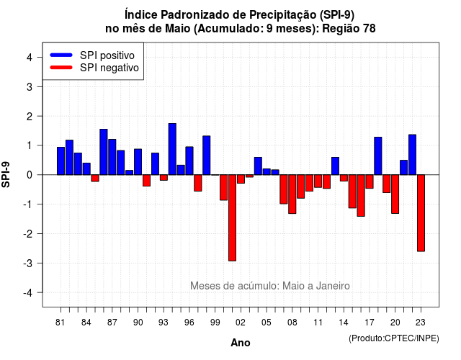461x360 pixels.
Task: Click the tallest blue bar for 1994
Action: pyautogui.click(x=172, y=149)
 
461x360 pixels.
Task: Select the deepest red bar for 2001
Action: pyautogui.click(x=232, y=217)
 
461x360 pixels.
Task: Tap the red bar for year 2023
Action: pyautogui.click(x=421, y=213)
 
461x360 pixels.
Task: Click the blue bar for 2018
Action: pyautogui.click(x=377, y=156)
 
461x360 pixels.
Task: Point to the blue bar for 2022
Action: pyautogui.click(x=412, y=155)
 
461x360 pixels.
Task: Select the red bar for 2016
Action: pyautogui.click(x=361, y=196)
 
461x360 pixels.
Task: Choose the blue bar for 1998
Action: pyautogui.click(x=207, y=156)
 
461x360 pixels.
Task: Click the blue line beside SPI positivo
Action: pyautogui.click(x=61, y=55)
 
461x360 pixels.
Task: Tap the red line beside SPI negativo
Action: pyautogui.click(x=61, y=68)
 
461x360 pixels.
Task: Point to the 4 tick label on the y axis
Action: pyautogui.click(x=30, y=58)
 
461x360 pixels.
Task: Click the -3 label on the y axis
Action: pyautogui.click(x=28, y=263)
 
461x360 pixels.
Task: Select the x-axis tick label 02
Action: pyautogui.click(x=240, y=323)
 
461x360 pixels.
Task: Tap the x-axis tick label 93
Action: pyautogui.click(x=164, y=323)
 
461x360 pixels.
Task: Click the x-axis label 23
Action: pyautogui.click(x=421, y=323)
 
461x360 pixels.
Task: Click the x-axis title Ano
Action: pyautogui.click(x=240, y=343)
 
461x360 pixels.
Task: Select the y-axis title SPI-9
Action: pyautogui.click(x=6, y=174)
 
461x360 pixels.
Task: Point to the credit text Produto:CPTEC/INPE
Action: pyautogui.click(x=394, y=338)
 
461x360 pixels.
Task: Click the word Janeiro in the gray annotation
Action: pyautogui.click(x=333, y=286)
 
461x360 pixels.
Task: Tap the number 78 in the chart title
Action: pyautogui.click(x=370, y=29)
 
